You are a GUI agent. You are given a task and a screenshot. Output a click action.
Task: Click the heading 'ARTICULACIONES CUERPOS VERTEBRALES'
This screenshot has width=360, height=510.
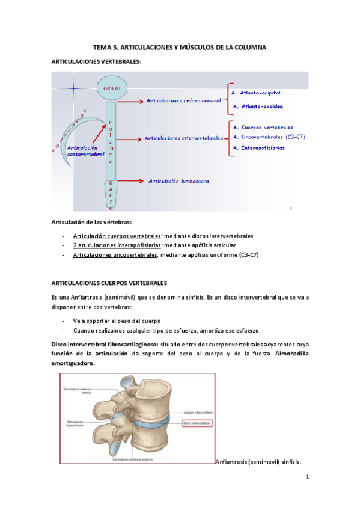pyautogui.click(x=109, y=282)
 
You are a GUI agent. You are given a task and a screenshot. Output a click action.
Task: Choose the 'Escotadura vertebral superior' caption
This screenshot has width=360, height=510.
pyautogui.click(x=130, y=459)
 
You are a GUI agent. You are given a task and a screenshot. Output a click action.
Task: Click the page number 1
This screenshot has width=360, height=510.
pyautogui.click(x=307, y=477)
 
